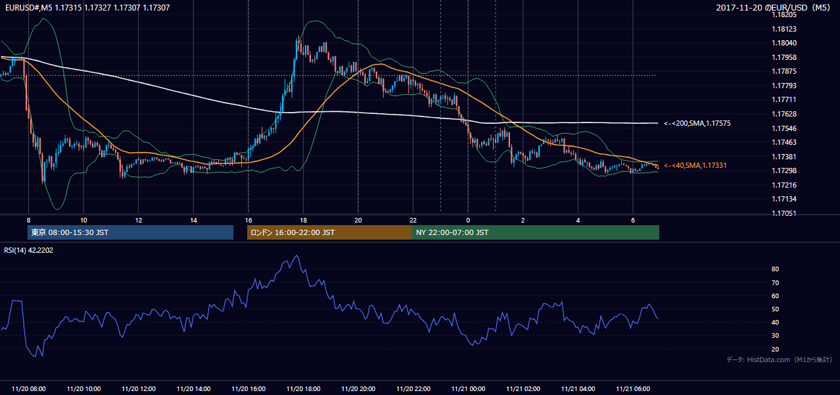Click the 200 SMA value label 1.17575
click(x=697, y=124)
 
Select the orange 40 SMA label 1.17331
click(x=695, y=166)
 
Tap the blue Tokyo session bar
click(x=131, y=232)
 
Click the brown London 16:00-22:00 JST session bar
click(x=330, y=232)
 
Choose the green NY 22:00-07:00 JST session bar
click(x=536, y=232)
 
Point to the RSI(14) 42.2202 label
click(x=28, y=250)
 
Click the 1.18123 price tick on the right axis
click(x=784, y=29)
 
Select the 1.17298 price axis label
click(x=784, y=171)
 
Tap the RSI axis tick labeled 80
click(x=775, y=269)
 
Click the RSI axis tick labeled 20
click(x=775, y=349)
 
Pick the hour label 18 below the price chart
click(x=304, y=221)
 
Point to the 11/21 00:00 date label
click(x=468, y=389)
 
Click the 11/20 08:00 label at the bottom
click(x=28, y=389)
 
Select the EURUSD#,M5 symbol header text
click(x=28, y=7)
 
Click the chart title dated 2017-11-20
click(x=773, y=7)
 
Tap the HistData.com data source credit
click(x=780, y=359)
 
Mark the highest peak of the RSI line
click(x=296, y=255)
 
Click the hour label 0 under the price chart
click(x=468, y=221)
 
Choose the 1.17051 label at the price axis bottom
click(x=784, y=214)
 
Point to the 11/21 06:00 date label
click(x=633, y=389)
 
